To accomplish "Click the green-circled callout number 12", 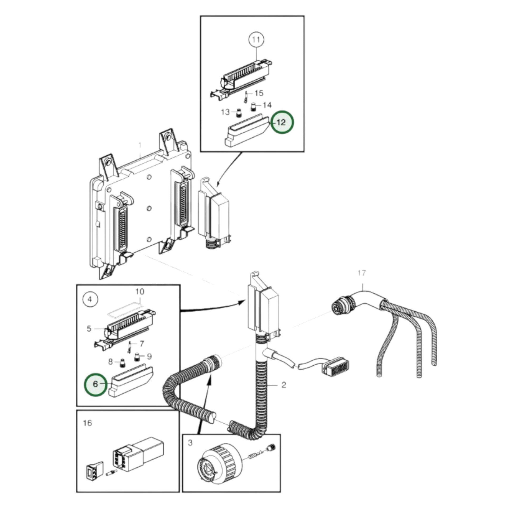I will tap(282, 122).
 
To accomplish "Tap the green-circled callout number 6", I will tap(95, 384).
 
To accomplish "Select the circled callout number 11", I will tap(256, 40).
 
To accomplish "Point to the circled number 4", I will tap(90, 299).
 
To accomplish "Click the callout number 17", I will tap(362, 273).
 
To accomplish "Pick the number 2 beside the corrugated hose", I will tap(284, 385).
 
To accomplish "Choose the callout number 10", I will tap(140, 292).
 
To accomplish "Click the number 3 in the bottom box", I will tap(190, 443).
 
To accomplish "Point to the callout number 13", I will tap(225, 112).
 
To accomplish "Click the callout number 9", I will tap(149, 356).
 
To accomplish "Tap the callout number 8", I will tap(110, 362).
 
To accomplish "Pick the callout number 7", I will tap(142, 344).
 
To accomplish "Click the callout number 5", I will tap(89, 329).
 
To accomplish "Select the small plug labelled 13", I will tap(239, 113).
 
